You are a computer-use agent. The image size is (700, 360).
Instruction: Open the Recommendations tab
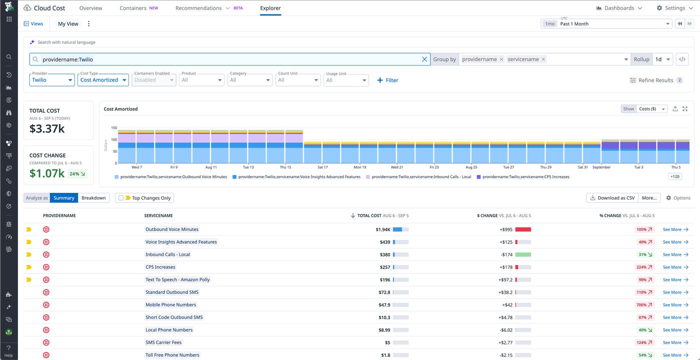pyautogui.click(x=198, y=8)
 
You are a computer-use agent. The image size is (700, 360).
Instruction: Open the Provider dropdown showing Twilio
pyautogui.click(x=52, y=80)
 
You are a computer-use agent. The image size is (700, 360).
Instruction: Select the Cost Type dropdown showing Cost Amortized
pyautogui.click(x=103, y=80)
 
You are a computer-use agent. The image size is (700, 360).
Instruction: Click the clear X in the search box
pyautogui.click(x=424, y=59)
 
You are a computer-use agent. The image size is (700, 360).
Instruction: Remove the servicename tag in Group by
pyautogui.click(x=543, y=59)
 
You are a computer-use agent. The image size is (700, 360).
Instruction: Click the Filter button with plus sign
pyautogui.click(x=387, y=80)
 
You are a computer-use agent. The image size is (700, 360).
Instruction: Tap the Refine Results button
pyautogui.click(x=655, y=80)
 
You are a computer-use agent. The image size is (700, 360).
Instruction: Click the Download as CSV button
pyautogui.click(x=612, y=198)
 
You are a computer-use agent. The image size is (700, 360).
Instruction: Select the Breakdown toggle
pyautogui.click(x=93, y=198)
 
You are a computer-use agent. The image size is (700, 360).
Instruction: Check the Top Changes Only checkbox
pyautogui.click(x=121, y=198)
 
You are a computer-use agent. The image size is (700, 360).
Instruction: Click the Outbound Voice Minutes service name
pyautogui.click(x=172, y=229)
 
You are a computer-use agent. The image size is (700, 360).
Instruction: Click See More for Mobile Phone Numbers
pyautogui.click(x=675, y=305)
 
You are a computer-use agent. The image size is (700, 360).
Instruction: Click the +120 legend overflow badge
pyautogui.click(x=674, y=176)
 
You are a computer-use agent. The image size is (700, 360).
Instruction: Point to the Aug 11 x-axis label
pyautogui.click(x=211, y=167)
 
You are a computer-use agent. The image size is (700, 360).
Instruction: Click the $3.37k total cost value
pyautogui.click(x=47, y=129)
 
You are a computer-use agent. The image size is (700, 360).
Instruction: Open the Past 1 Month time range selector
pyautogui.click(x=615, y=23)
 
